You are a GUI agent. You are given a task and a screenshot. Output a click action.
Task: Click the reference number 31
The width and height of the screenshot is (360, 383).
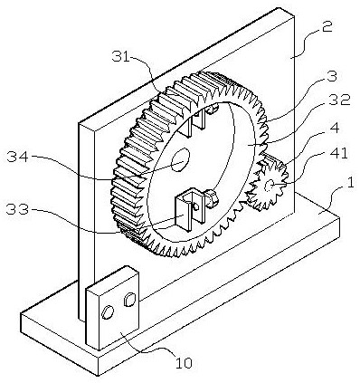(x=120, y=56)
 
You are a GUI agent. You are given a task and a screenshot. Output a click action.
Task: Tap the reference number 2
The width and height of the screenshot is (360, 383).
(x=327, y=26)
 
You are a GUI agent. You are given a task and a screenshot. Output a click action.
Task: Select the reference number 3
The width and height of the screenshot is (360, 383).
(x=332, y=76)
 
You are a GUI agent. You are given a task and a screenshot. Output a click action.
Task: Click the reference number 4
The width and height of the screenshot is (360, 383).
(x=334, y=128)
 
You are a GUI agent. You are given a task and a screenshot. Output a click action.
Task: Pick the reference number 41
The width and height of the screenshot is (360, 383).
(x=339, y=153)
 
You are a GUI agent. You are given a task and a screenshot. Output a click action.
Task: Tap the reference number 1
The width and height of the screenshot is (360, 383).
(x=350, y=184)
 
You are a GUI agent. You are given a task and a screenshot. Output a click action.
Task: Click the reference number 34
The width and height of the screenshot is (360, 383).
(x=17, y=157)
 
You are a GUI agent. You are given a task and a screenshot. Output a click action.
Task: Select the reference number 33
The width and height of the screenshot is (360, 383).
(x=18, y=209)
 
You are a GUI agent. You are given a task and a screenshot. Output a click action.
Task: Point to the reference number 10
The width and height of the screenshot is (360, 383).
(x=184, y=363)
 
